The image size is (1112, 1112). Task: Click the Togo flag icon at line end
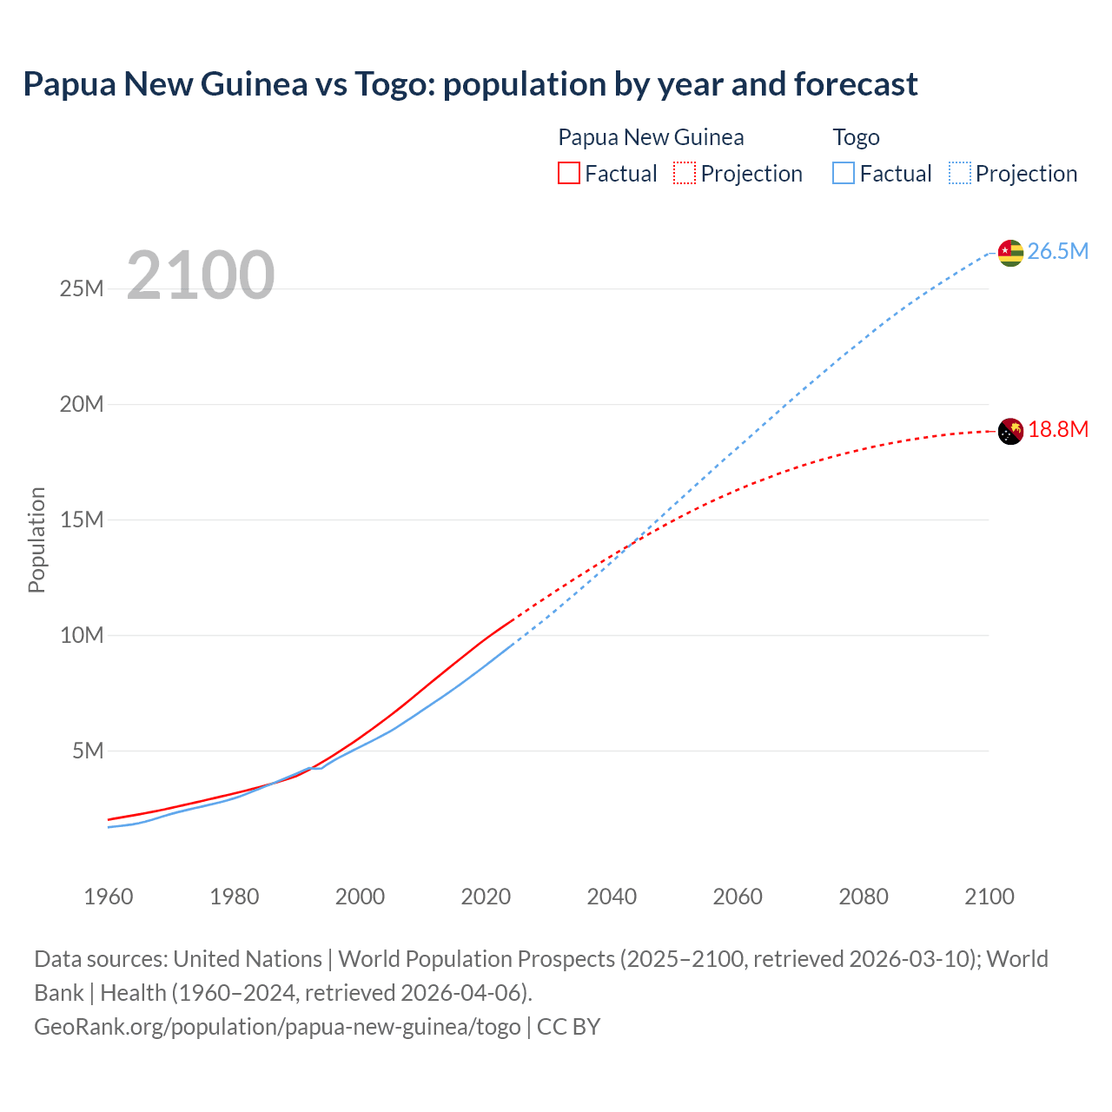point(1010,252)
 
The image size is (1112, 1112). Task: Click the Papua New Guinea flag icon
point(1010,431)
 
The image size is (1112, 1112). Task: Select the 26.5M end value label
point(1057,252)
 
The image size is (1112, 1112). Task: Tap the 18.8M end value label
point(1058,430)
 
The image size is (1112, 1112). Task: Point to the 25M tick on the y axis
point(82,289)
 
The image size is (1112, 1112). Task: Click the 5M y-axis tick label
point(88,751)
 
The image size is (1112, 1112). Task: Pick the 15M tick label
point(82,520)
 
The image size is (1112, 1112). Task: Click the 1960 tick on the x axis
point(109,897)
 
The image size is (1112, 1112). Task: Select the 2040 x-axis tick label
point(612,897)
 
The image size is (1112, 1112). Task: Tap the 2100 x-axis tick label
point(989,897)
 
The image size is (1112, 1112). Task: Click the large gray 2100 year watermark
point(201,275)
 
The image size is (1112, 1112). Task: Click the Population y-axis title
point(36,539)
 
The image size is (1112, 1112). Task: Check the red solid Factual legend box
point(568,173)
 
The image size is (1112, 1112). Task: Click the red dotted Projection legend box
point(685,173)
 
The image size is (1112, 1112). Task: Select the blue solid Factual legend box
point(843,173)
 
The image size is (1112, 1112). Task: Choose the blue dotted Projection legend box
point(960,173)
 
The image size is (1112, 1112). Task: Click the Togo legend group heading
point(856,137)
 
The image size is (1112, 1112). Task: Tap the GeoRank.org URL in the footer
point(277,1027)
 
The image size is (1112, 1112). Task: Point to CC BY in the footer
point(568,1027)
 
